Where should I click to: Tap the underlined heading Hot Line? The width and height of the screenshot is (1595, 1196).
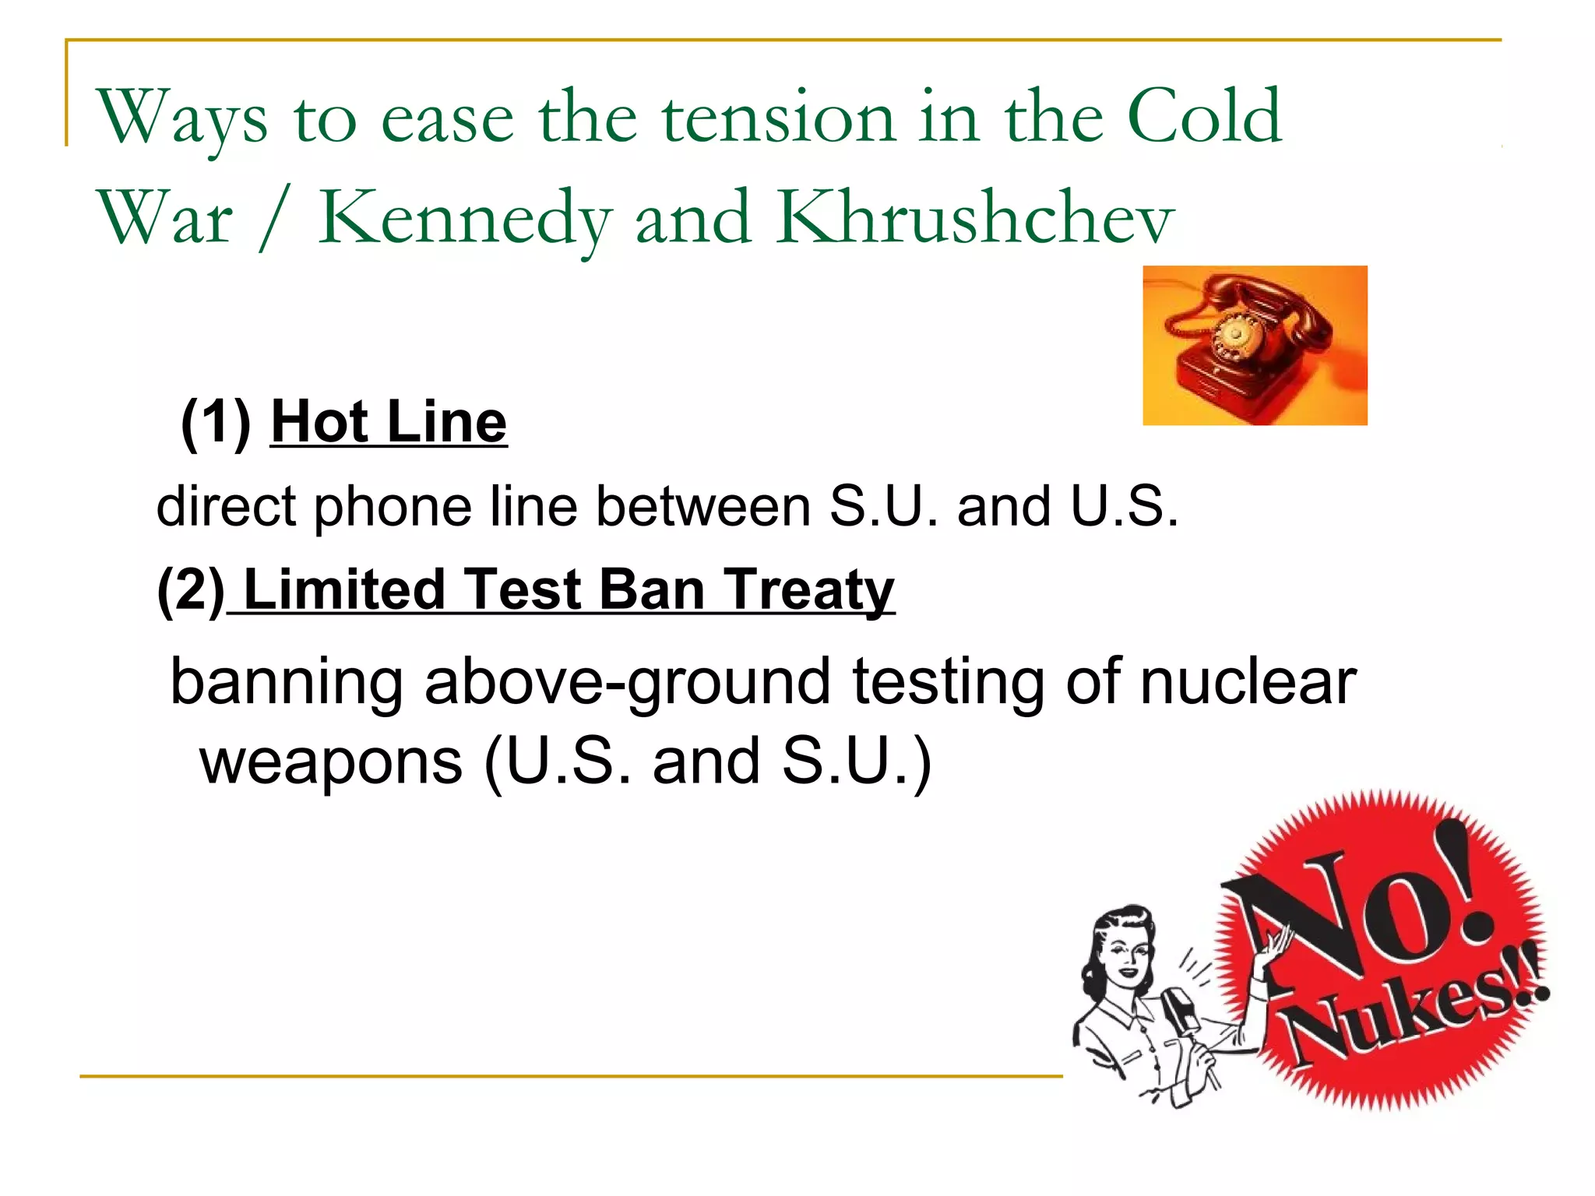pyautogui.click(x=389, y=423)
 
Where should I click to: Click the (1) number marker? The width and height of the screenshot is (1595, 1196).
pyautogui.click(x=216, y=423)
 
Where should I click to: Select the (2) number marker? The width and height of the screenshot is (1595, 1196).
pyautogui.click(x=191, y=590)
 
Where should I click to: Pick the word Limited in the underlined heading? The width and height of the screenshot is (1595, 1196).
pyautogui.click(x=343, y=589)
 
